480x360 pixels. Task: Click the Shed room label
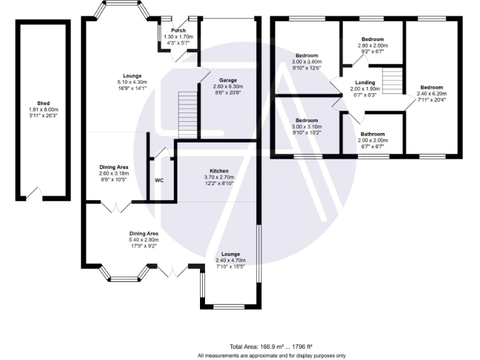pos(43,104)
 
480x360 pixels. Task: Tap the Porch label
pos(178,31)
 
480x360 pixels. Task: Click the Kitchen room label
pos(219,171)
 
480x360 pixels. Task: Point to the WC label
pos(159,180)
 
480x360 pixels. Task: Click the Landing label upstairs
pos(365,82)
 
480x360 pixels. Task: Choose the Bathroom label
pos(373,134)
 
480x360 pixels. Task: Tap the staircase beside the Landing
pos(391,81)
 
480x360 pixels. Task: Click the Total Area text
pos(271,347)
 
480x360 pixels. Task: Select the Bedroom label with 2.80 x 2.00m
pos(373,39)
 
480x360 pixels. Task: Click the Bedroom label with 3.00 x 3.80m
pos(307,56)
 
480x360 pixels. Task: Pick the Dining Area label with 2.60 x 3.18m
pos(114,167)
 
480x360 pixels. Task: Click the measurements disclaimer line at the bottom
pos(271,355)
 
